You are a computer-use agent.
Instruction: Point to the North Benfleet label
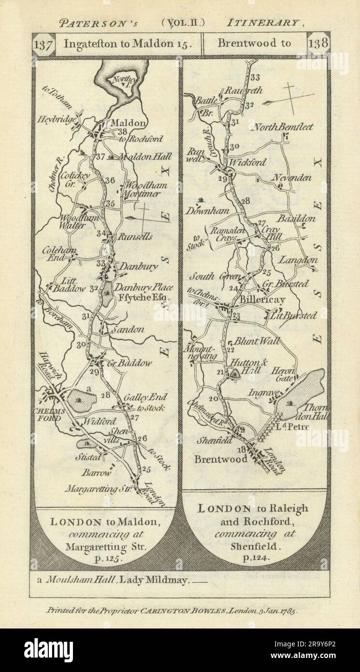point(282,127)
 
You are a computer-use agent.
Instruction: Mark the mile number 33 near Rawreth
point(255,77)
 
